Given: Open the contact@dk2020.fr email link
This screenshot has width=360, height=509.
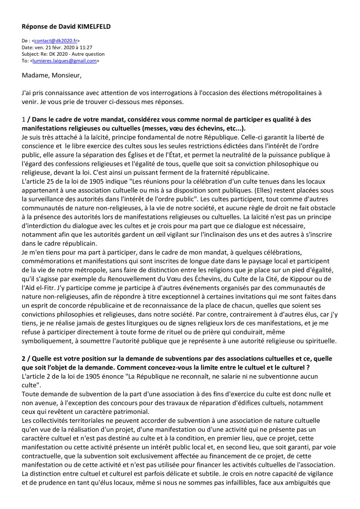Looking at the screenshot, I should pyautogui.click(x=56, y=41).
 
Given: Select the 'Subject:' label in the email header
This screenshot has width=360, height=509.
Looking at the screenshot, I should pyautogui.click(x=31, y=54).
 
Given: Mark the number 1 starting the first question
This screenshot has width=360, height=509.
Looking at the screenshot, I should pyautogui.click(x=24, y=119).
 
